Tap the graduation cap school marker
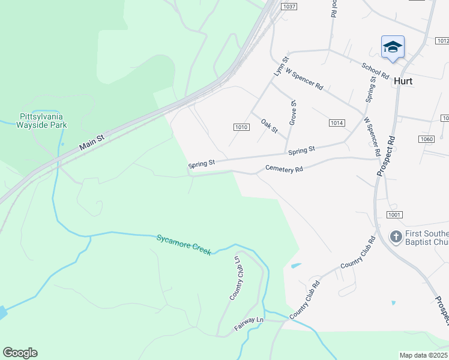click(393, 47)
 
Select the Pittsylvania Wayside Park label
click(42, 121)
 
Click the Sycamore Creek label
click(184, 244)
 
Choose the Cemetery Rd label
click(283, 169)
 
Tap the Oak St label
click(270, 126)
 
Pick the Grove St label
click(294, 112)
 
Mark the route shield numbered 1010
click(241, 127)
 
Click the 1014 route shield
click(337, 122)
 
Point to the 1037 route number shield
click(289, 6)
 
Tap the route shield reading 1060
click(427, 139)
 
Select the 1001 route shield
click(394, 215)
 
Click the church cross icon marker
click(396, 236)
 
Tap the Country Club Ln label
click(235, 278)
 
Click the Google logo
click(20, 353)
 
